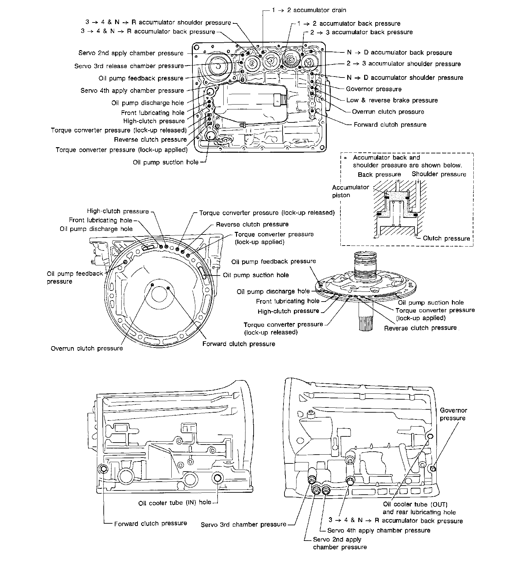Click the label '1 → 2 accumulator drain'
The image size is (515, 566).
click(x=309, y=10)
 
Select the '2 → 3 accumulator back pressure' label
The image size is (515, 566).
click(x=361, y=32)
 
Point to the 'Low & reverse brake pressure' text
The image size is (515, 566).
click(x=392, y=100)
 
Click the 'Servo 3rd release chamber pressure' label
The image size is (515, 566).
click(x=129, y=66)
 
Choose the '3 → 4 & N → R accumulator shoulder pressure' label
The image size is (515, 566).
click(x=158, y=22)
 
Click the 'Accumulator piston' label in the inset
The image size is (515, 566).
click(x=346, y=191)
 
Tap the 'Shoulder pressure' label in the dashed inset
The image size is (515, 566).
click(x=439, y=174)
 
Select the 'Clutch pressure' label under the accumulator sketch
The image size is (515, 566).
click(x=446, y=238)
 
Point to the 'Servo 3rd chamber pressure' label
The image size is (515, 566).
click(x=243, y=524)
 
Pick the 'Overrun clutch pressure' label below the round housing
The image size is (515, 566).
click(x=87, y=348)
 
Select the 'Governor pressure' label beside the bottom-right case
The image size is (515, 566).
click(x=453, y=414)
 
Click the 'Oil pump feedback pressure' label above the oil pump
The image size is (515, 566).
click(x=273, y=262)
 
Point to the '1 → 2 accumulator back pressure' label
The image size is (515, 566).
click(x=349, y=23)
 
